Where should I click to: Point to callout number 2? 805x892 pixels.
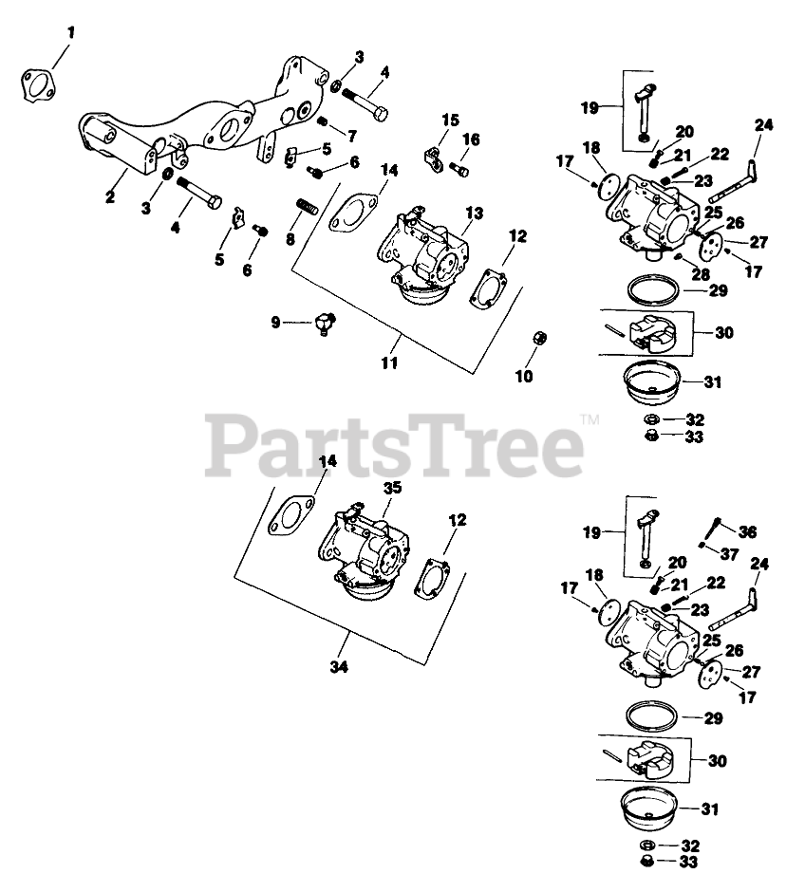click(x=110, y=196)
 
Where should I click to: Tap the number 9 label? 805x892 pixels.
click(x=276, y=323)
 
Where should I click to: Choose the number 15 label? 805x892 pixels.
click(x=450, y=120)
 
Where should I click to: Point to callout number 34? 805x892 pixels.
click(x=340, y=667)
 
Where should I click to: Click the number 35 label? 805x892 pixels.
click(x=391, y=488)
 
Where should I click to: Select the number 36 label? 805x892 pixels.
click(x=748, y=532)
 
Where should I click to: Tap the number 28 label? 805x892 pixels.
click(x=701, y=275)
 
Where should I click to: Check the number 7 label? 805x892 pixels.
click(x=352, y=135)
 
